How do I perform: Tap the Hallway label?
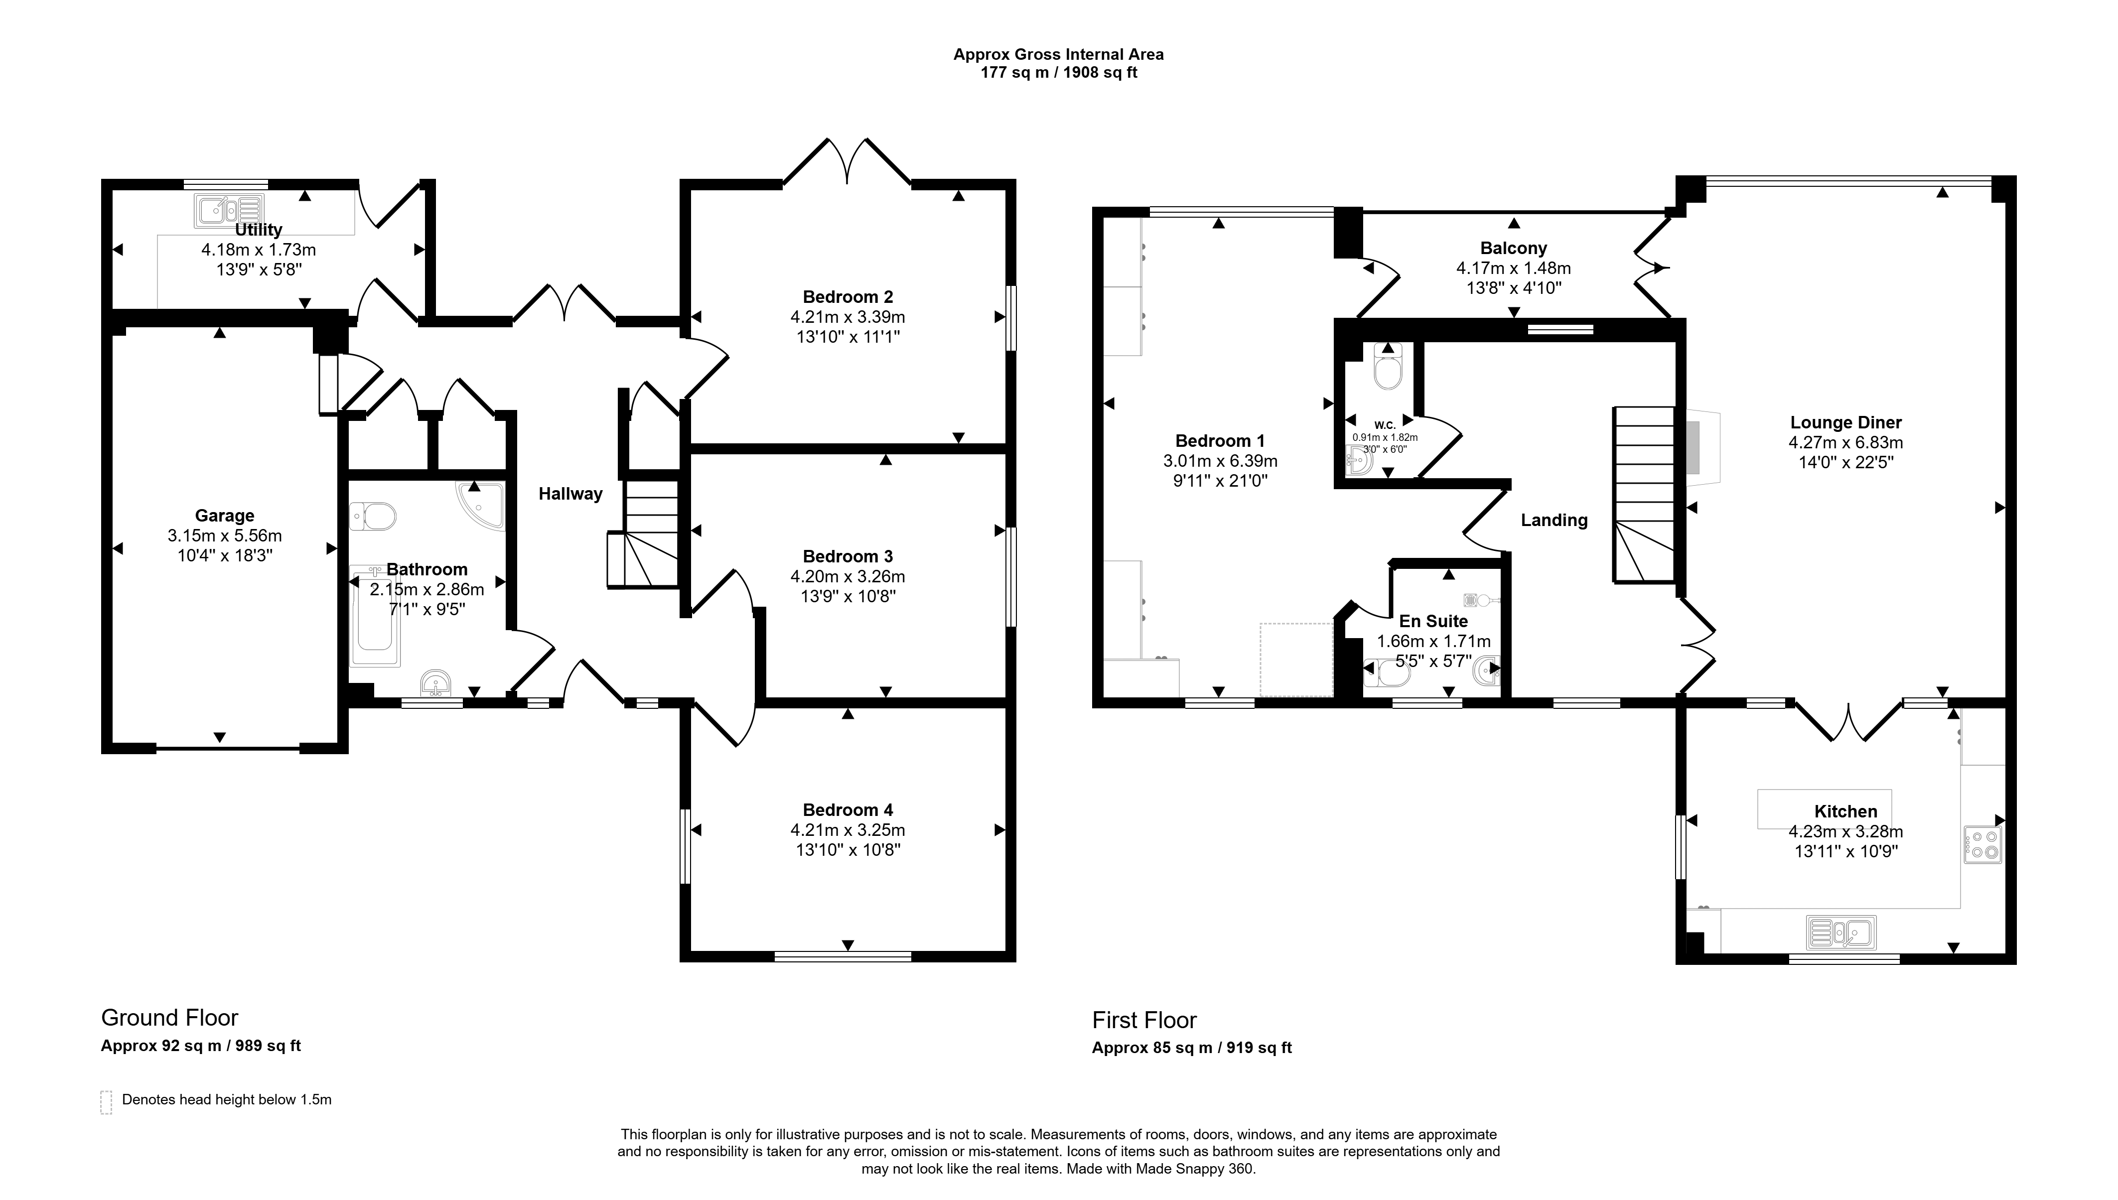[570, 494]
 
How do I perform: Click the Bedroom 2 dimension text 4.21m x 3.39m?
[848, 316]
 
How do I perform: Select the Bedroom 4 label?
[848, 810]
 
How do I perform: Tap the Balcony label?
[1514, 248]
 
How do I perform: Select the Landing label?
[1554, 520]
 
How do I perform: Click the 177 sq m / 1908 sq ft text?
[1059, 73]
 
